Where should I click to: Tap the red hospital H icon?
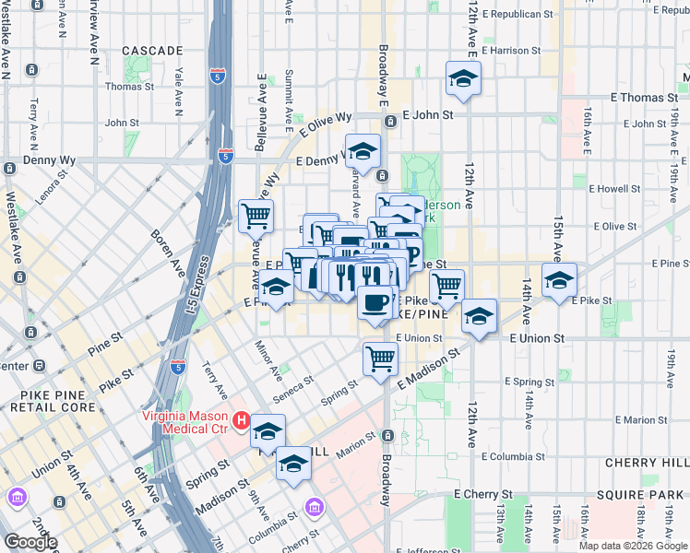point(242,421)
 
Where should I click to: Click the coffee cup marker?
point(374,301)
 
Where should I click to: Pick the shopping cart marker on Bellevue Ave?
point(256,216)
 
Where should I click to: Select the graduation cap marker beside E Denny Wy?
point(363,150)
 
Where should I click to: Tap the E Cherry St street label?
point(482,495)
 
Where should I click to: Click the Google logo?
point(30,542)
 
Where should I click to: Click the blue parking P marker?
point(411,253)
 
